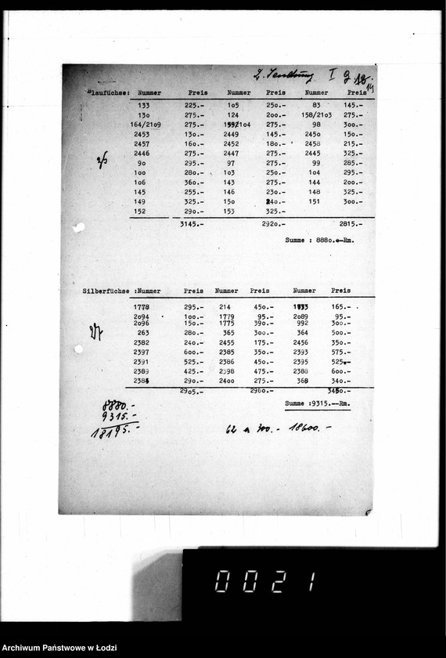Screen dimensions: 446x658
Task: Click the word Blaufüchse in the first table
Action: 108,92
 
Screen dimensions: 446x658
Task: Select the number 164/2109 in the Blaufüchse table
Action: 146,125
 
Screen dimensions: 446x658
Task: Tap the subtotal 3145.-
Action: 192,224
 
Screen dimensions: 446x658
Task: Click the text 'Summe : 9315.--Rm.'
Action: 318,403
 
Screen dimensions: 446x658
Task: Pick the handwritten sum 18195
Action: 114,430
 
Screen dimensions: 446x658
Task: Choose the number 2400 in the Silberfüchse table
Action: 227,381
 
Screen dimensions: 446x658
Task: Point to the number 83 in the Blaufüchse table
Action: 316,105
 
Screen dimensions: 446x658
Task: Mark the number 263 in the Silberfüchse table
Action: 142,333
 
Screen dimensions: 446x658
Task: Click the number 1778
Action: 142,307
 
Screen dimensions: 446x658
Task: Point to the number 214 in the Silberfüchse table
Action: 225,307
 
